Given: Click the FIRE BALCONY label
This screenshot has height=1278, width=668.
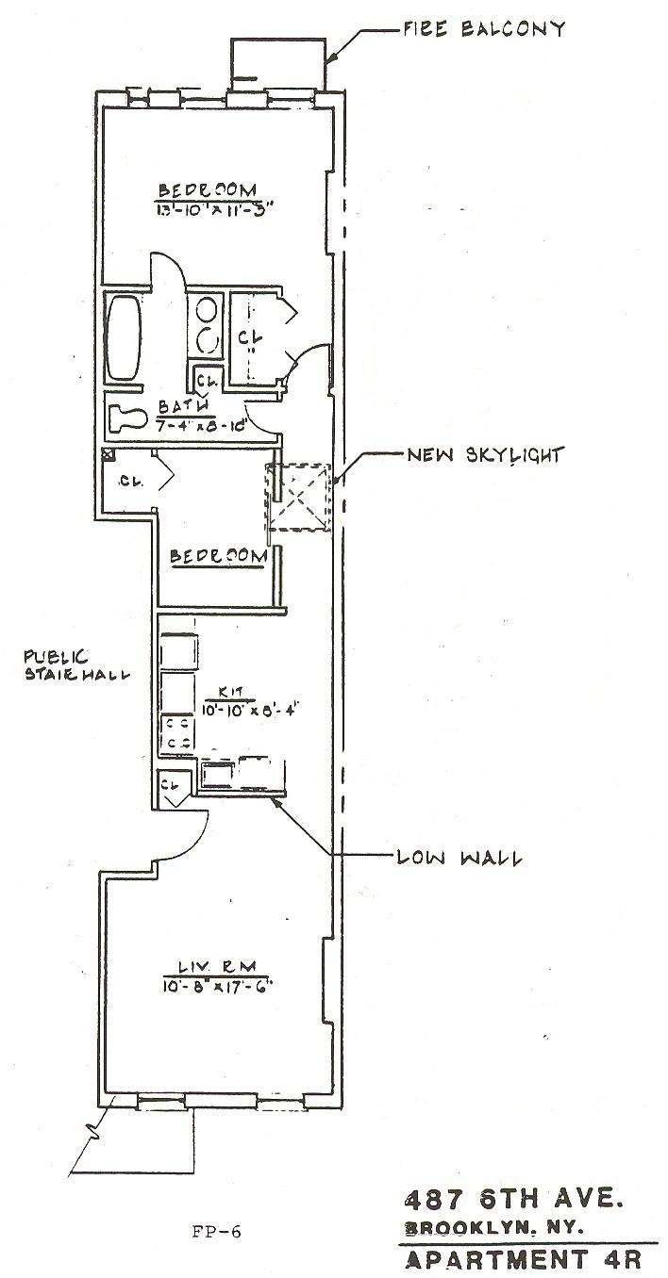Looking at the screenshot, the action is click(x=483, y=28).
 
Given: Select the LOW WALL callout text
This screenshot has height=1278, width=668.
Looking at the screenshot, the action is click(x=460, y=858).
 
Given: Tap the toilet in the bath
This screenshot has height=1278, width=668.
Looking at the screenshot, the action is click(x=126, y=417).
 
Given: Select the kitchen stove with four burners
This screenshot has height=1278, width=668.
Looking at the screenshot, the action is click(x=176, y=734).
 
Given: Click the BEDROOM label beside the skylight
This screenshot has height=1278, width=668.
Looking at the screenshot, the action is click(x=218, y=557).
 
